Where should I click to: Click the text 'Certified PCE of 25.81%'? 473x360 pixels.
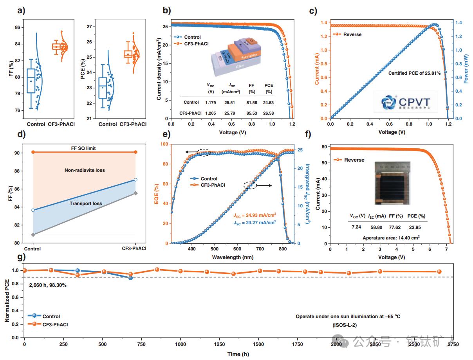point(414,73)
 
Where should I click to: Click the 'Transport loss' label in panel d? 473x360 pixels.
point(86,203)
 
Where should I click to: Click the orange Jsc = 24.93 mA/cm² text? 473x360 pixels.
point(255,214)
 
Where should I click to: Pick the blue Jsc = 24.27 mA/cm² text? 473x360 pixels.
point(255,222)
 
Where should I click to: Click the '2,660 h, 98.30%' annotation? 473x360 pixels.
point(48,285)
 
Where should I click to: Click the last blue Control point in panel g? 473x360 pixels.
point(130,278)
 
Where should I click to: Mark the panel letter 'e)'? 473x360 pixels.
point(168,135)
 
